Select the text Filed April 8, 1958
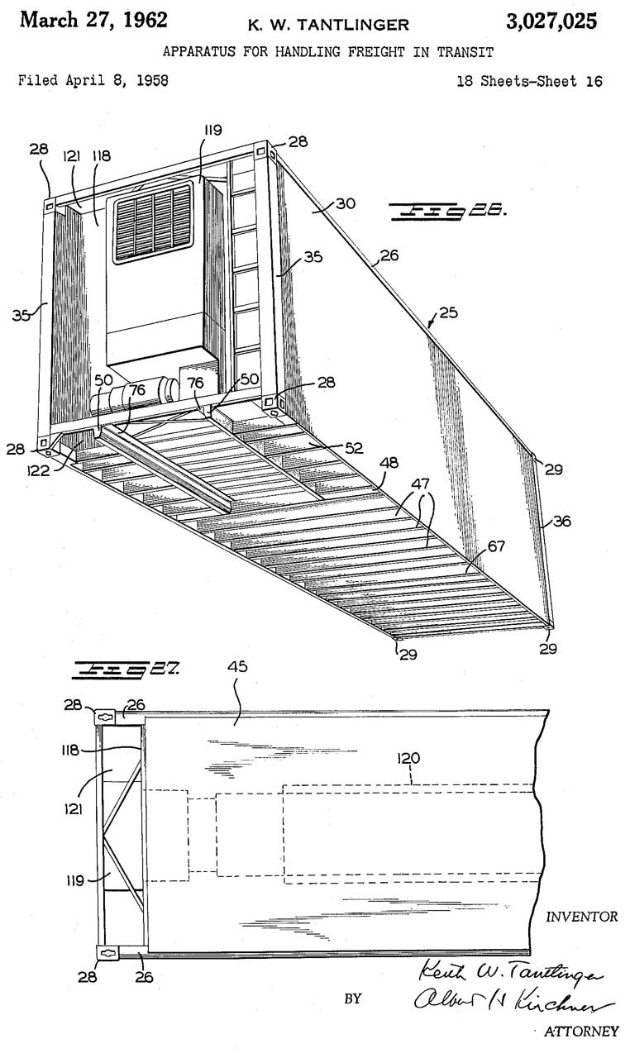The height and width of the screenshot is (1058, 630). tap(93, 80)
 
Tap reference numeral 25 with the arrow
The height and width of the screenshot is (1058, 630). tap(448, 312)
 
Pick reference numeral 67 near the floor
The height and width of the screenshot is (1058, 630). tap(496, 546)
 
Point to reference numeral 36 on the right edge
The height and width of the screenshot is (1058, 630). tap(561, 521)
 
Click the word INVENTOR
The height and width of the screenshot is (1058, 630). tap(581, 917)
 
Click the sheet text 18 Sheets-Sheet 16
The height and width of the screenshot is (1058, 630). tap(529, 81)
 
